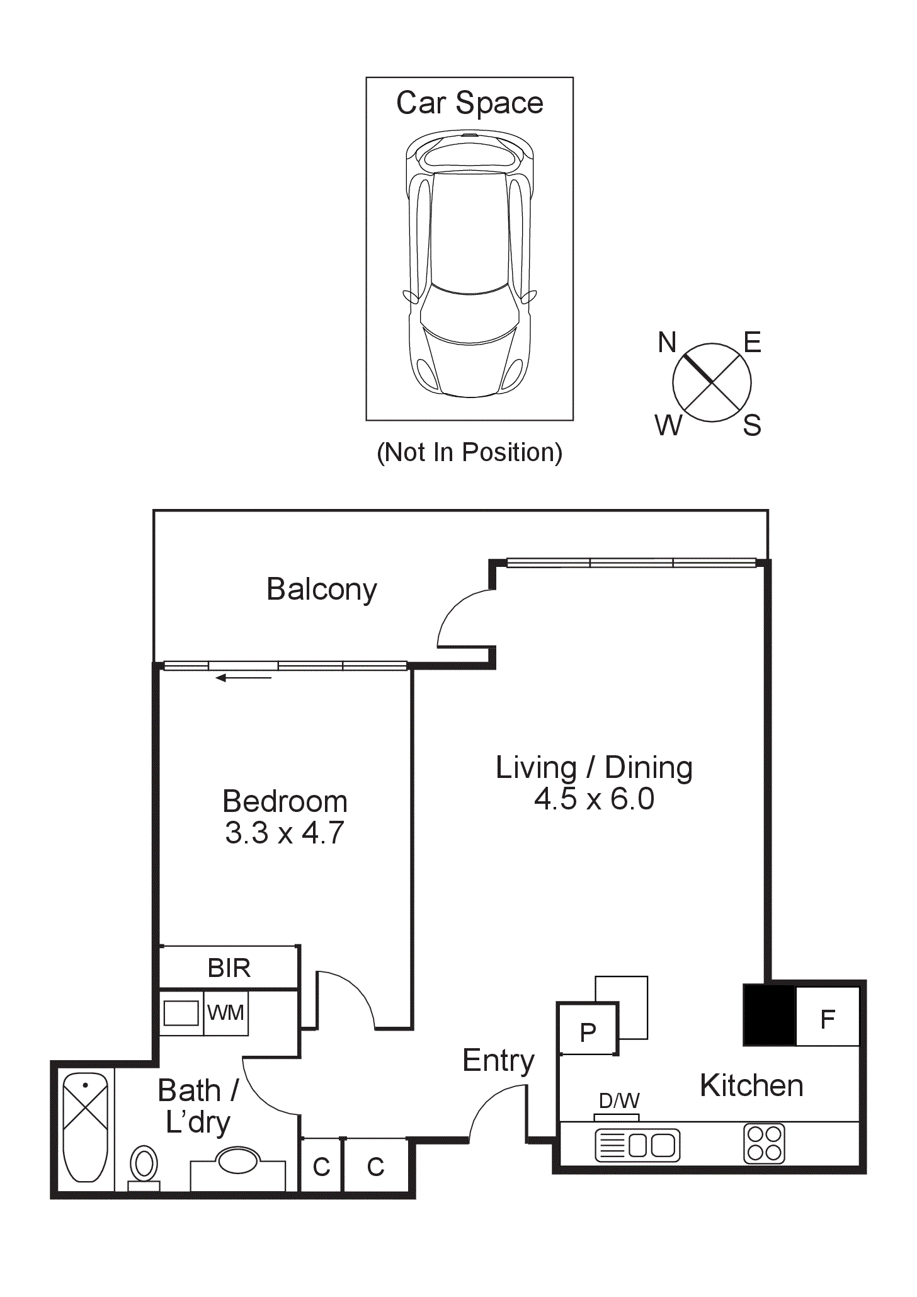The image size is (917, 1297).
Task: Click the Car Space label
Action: coord(469,103)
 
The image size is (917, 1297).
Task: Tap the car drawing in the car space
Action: coord(470,265)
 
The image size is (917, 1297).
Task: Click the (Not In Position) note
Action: coord(469,452)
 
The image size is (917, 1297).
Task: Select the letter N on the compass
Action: coord(667,343)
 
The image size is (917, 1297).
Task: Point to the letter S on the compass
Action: coord(752,426)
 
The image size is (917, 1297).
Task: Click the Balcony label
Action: coord(322,590)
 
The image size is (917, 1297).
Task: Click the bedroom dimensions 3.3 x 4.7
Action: coord(285,833)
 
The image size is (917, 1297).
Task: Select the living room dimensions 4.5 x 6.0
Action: coord(594,799)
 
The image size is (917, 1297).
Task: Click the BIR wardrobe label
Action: coord(229,968)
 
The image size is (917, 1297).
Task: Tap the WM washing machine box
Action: coord(225,1013)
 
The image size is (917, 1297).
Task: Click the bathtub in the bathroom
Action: coord(86,1127)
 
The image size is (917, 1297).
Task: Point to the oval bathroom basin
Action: coord(237,1160)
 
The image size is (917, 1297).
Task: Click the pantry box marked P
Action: coord(588,1032)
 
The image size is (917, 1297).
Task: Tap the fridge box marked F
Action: coord(828,1019)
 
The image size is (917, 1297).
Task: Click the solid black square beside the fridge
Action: coord(770,1015)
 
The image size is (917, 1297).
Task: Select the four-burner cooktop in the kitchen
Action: coord(765,1143)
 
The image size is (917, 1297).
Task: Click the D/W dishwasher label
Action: coord(619,1100)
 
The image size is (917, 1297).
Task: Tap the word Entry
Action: coord(498,1060)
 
